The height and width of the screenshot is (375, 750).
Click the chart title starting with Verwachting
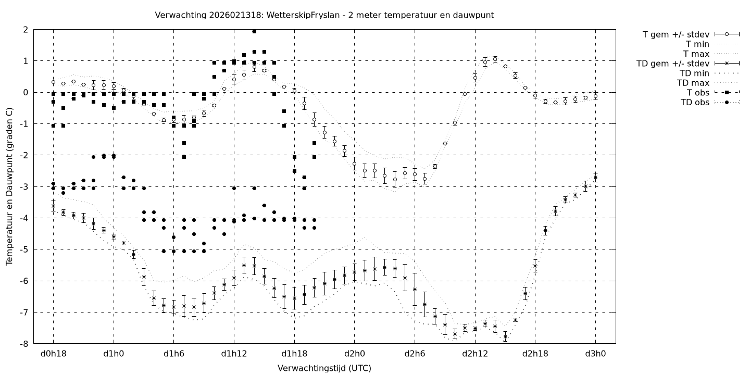(324, 16)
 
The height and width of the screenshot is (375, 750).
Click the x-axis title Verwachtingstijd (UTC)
(324, 368)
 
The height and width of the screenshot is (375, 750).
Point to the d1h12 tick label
(234, 354)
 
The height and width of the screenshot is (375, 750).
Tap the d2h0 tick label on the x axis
(354, 354)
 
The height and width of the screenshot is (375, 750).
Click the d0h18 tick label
(53, 354)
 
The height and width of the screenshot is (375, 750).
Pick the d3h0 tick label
(595, 354)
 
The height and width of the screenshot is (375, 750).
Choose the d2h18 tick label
(535, 354)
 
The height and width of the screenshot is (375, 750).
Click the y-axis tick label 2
(26, 30)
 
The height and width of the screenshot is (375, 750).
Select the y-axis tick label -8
(24, 344)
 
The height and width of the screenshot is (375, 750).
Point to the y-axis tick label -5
(24, 249)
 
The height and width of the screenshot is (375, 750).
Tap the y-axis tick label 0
(26, 92)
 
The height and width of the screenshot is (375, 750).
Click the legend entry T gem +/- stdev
(676, 34)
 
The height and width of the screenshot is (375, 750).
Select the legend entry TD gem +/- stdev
(672, 64)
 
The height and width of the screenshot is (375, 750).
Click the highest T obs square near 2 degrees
(254, 31)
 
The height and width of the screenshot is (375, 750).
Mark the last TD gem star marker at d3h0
(595, 178)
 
